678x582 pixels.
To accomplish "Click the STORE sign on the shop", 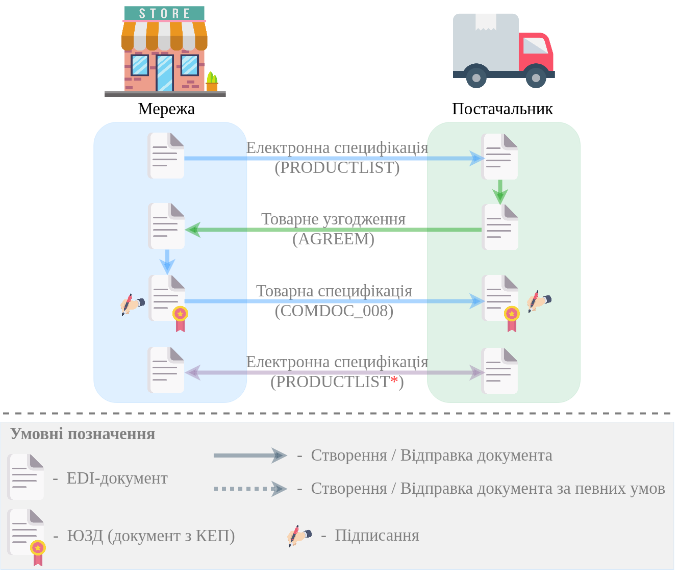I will coord(164,13).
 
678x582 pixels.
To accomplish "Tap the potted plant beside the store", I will coord(212,82).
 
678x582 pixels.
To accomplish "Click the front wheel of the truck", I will coord(536,78).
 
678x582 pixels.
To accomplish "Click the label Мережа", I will coord(166,109).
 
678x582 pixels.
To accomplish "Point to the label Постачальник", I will coord(502,109).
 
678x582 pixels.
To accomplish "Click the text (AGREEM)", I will coord(334,239).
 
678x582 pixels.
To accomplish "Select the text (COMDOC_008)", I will coord(334,311).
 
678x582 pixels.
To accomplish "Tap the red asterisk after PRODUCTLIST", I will coord(394,381).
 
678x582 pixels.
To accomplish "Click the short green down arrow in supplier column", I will coord(500,192).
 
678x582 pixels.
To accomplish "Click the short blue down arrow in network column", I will coord(167,262).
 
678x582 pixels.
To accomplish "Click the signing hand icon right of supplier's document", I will coord(538,301).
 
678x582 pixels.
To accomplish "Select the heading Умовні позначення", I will coord(83,434).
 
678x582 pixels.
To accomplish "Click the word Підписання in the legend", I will coord(376,535).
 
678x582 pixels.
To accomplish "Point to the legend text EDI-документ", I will coord(117,478).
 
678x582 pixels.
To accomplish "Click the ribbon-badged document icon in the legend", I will coord(27,536).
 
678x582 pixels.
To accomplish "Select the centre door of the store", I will coord(165,73).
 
